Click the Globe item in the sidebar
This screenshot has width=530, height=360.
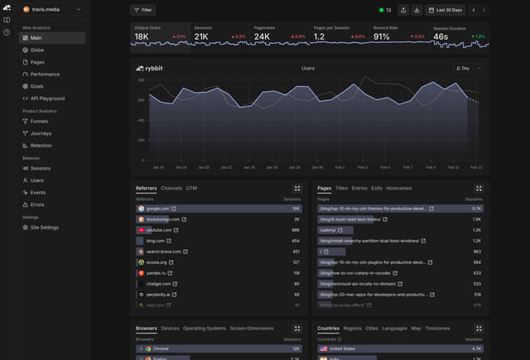pyautogui.click(x=37, y=50)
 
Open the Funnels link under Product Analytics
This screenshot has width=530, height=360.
pyautogui.click(x=39, y=121)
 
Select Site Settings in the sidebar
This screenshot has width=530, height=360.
pyautogui.click(x=44, y=227)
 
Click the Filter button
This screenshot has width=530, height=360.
pyautogui.click(x=142, y=10)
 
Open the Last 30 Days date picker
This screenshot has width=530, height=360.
pyautogui.click(x=446, y=10)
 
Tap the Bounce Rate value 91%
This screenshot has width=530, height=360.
pyautogui.click(x=382, y=36)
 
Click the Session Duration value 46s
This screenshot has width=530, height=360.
pyautogui.click(x=441, y=36)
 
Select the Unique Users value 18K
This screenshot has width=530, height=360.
pyautogui.click(x=142, y=36)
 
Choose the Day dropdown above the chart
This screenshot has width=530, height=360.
pyautogui.click(x=468, y=68)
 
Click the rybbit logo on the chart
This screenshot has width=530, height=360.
pyautogui.click(x=152, y=68)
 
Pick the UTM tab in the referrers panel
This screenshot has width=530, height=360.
pyautogui.click(x=191, y=189)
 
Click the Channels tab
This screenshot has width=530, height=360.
pyautogui.click(x=171, y=189)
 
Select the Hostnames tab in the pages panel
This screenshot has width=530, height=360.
pyautogui.click(x=398, y=189)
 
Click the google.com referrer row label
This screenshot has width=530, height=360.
pyautogui.click(x=158, y=209)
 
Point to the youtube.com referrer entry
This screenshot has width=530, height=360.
pyautogui.click(x=159, y=230)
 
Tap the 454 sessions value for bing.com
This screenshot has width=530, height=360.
pyautogui.click(x=296, y=241)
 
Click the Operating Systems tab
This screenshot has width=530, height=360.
pyautogui.click(x=204, y=329)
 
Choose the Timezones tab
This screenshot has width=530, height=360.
pyautogui.click(x=438, y=329)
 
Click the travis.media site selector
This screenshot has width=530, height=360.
pyautogui.click(x=51, y=9)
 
